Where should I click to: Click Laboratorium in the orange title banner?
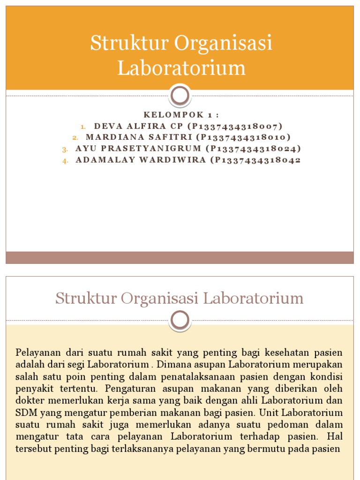pos(181,67)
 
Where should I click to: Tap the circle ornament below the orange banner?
pos(180,96)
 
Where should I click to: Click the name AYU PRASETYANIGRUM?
pos(138,149)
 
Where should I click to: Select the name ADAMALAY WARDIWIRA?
pos(141,160)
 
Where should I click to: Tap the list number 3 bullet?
pos(65,150)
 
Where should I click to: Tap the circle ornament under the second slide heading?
pos(180,321)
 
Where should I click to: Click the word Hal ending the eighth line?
pos(335,437)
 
